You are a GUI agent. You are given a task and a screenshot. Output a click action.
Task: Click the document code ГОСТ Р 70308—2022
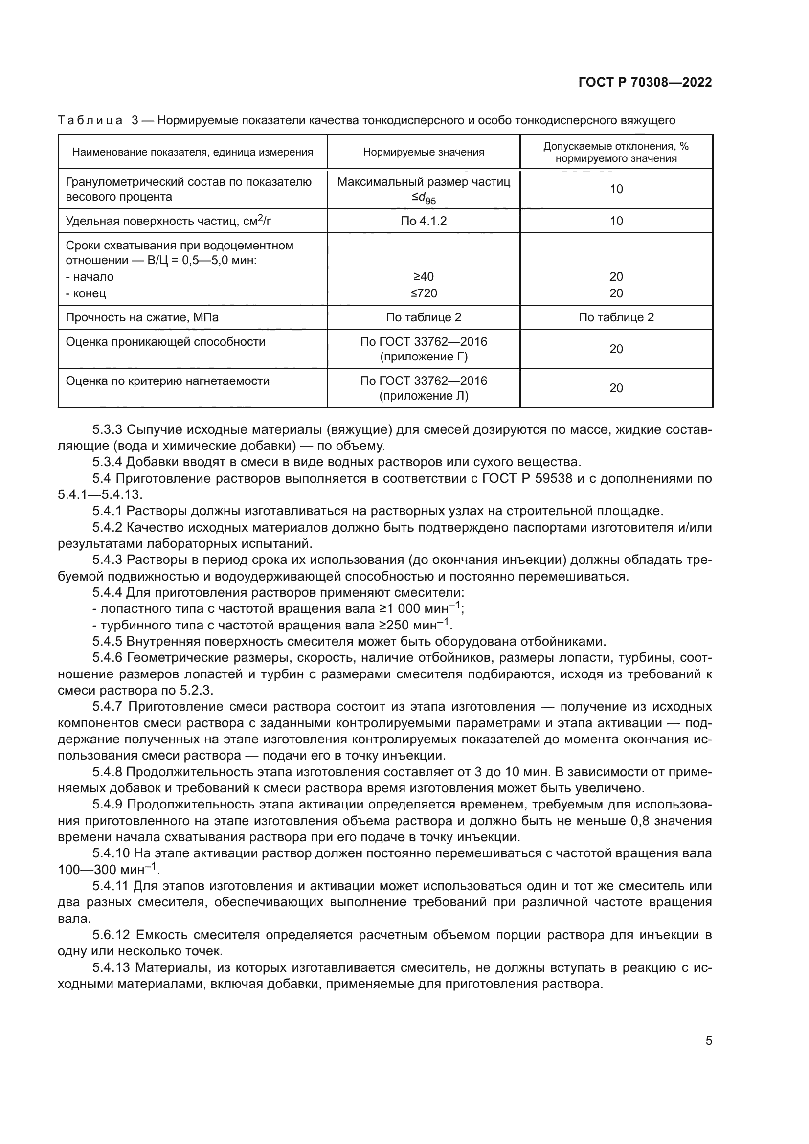pyautogui.click(x=645, y=83)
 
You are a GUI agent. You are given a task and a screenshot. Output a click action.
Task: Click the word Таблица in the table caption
pyautogui.click(x=90, y=121)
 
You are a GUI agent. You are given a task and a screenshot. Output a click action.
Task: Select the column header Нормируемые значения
pyautogui.click(x=424, y=152)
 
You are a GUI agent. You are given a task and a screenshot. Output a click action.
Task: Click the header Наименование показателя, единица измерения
pyautogui.click(x=193, y=152)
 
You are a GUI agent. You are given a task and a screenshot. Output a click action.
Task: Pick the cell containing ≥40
pyautogui.click(x=424, y=276)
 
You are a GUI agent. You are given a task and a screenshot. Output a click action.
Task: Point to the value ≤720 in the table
pyautogui.click(x=424, y=293)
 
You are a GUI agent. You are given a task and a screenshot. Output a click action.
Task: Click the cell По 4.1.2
pyautogui.click(x=424, y=221)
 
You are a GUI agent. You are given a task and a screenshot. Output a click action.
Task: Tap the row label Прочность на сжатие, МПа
pyautogui.click(x=142, y=317)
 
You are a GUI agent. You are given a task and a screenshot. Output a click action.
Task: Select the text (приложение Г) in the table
pyautogui.click(x=424, y=357)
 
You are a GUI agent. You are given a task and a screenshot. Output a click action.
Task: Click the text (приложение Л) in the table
pyautogui.click(x=424, y=396)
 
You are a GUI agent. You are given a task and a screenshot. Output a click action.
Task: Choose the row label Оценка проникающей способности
pyautogui.click(x=165, y=342)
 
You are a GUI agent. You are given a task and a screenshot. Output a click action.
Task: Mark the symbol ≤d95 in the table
pyautogui.click(x=424, y=198)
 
